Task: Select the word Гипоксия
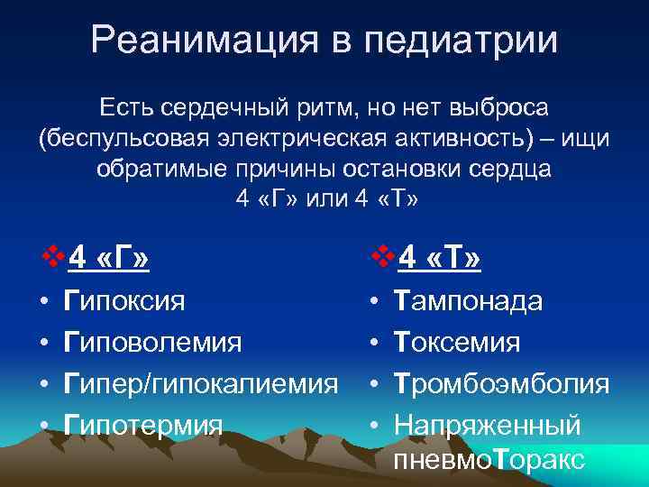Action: pyautogui.click(x=124, y=300)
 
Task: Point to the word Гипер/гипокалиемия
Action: pyautogui.click(x=201, y=383)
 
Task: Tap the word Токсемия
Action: pyautogui.click(x=457, y=342)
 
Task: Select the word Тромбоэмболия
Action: pyautogui.click(x=501, y=383)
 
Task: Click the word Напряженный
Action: pyautogui.click(x=488, y=425)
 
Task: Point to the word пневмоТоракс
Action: pyautogui.click(x=489, y=460)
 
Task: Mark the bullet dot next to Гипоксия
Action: pyautogui.click(x=44, y=301)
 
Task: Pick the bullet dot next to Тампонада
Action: pyautogui.click(x=374, y=301)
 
